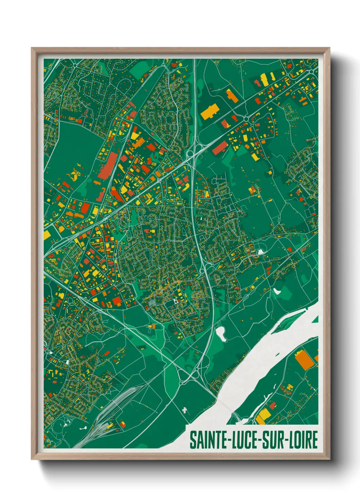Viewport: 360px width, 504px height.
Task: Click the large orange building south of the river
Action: (x=304, y=360)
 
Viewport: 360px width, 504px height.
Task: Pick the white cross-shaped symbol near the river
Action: (x=185, y=410)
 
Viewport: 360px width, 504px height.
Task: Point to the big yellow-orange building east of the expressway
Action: (x=209, y=111)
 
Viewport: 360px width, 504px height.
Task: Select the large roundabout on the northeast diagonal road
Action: (x=246, y=120)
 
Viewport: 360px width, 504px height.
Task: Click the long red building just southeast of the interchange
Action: (x=220, y=147)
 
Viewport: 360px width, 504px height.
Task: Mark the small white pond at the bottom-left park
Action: (x=83, y=428)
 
